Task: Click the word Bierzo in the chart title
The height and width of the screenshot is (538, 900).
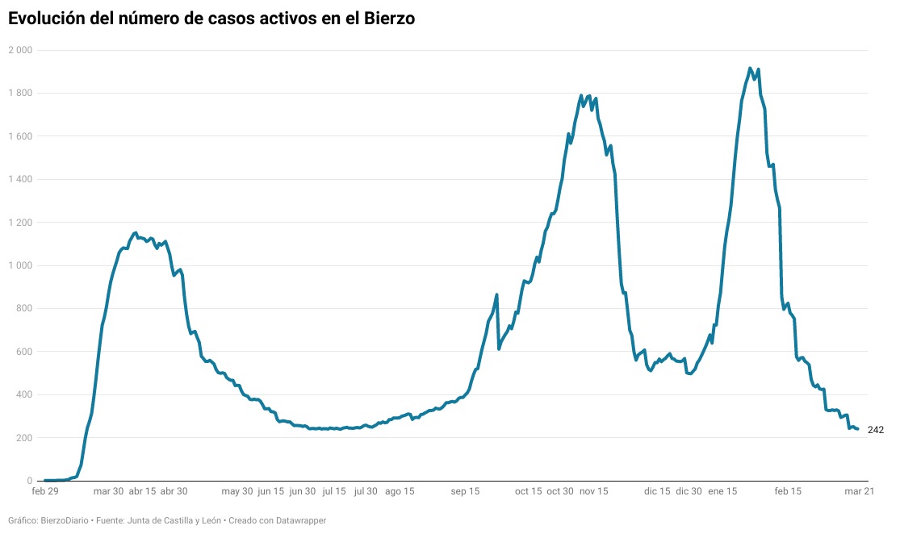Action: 389,19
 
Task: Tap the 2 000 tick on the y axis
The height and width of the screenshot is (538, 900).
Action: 21,50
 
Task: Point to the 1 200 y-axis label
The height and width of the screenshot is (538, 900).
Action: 21,223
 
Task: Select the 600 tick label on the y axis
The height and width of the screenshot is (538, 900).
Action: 25,352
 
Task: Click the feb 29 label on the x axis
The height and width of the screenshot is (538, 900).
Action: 45,491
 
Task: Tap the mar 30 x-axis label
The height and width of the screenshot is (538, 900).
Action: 108,491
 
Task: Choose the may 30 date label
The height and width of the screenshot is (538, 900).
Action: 237,491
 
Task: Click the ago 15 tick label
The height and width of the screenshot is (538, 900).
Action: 400,491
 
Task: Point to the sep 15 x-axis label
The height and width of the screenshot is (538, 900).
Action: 465,491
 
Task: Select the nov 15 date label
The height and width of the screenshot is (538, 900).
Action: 593,491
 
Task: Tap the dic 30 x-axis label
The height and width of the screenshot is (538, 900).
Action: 689,491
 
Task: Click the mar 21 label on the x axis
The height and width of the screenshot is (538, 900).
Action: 860,491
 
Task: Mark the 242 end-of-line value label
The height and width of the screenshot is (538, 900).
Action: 876,430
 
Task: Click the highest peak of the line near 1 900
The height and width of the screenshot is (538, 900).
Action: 750,69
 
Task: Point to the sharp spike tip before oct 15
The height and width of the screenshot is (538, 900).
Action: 496,294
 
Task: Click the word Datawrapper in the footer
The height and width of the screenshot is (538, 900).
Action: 301,521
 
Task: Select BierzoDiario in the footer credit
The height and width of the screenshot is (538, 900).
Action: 65,521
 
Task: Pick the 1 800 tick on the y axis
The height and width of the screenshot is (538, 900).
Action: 21,93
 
